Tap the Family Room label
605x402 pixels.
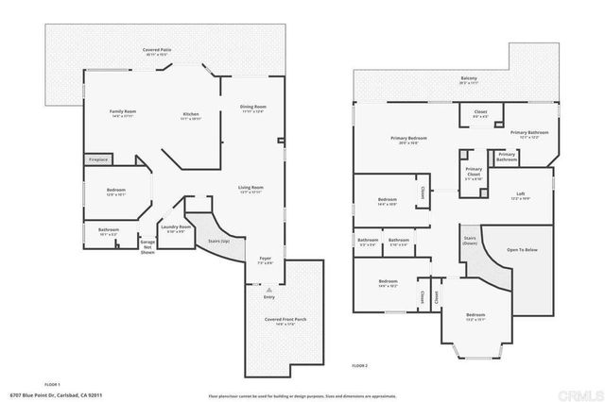(x=124, y=114)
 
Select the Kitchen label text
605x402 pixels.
(x=190, y=116)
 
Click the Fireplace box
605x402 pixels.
(x=98, y=160)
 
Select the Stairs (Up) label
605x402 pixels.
(x=218, y=242)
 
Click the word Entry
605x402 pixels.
(x=270, y=296)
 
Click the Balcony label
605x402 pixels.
(x=469, y=79)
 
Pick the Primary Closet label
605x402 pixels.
(x=473, y=172)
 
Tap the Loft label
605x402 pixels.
(x=520, y=197)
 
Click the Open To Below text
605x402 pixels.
(x=521, y=250)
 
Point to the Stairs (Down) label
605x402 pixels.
(x=470, y=241)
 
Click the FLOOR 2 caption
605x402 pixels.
(x=359, y=365)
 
